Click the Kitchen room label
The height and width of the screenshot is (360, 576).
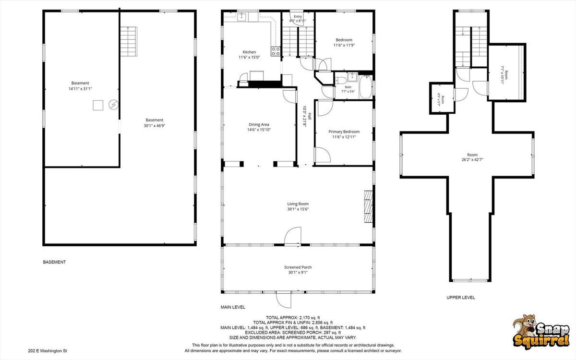[x=249, y=52]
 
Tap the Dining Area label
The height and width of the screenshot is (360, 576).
[x=259, y=124]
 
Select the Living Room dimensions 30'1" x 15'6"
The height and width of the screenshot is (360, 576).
[x=298, y=209]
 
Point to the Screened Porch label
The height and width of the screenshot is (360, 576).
[x=298, y=267]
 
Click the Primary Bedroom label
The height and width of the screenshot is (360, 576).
[x=344, y=132]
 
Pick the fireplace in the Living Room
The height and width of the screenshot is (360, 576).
[x=368, y=206]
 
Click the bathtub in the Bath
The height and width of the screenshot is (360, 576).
[x=365, y=87]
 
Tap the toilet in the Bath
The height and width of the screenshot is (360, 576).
[x=341, y=80]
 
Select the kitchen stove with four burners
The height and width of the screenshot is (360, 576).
[x=276, y=51]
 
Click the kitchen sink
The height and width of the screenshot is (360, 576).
[x=241, y=17]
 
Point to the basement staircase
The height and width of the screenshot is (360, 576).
[x=129, y=41]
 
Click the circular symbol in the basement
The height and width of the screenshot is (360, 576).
[x=113, y=105]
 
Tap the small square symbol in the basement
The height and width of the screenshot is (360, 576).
[x=98, y=106]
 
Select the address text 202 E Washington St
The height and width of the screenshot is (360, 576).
[x=48, y=351]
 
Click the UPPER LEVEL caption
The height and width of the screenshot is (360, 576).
[x=460, y=298]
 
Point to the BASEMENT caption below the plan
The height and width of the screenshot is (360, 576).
[x=54, y=262]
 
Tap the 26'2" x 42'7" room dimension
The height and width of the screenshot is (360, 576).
[x=472, y=160]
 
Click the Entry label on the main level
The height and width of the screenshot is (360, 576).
[x=298, y=16]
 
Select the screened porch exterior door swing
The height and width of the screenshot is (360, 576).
[x=284, y=300]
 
